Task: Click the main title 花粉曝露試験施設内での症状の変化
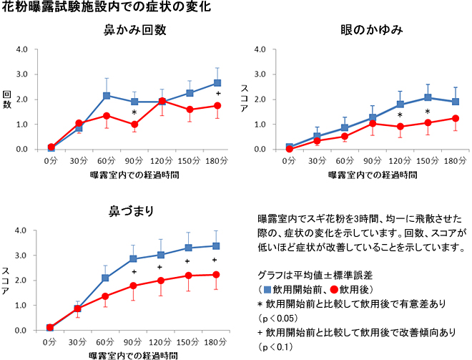point(99,9)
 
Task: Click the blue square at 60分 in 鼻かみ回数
point(107,95)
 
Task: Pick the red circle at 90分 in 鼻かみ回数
point(134,125)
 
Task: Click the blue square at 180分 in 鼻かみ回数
point(217,83)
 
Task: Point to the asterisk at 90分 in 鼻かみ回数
point(134,113)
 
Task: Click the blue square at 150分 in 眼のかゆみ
point(428,97)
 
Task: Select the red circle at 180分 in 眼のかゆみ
point(455,118)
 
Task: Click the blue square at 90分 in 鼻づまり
point(134,258)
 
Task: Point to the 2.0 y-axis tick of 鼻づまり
point(23,280)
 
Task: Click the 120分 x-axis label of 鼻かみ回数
point(162,161)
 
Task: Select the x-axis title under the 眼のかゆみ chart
point(371,174)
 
